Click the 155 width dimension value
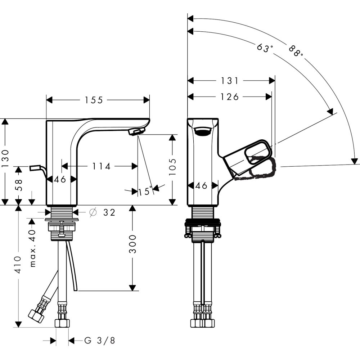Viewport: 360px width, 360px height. point(94,100)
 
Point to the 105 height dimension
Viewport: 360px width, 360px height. point(173,166)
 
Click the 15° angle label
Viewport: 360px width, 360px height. point(145,191)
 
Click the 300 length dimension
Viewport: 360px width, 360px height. point(133,244)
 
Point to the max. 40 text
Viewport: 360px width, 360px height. point(33,249)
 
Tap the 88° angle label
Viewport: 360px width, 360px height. point(296,51)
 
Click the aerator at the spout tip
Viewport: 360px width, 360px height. point(136,132)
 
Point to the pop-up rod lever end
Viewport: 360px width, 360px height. point(35,168)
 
